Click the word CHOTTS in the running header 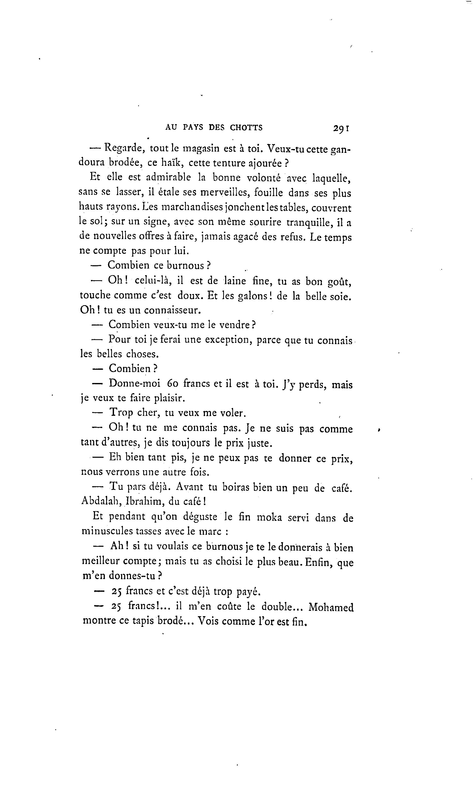click(x=246, y=128)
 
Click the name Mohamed click(x=331, y=607)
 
